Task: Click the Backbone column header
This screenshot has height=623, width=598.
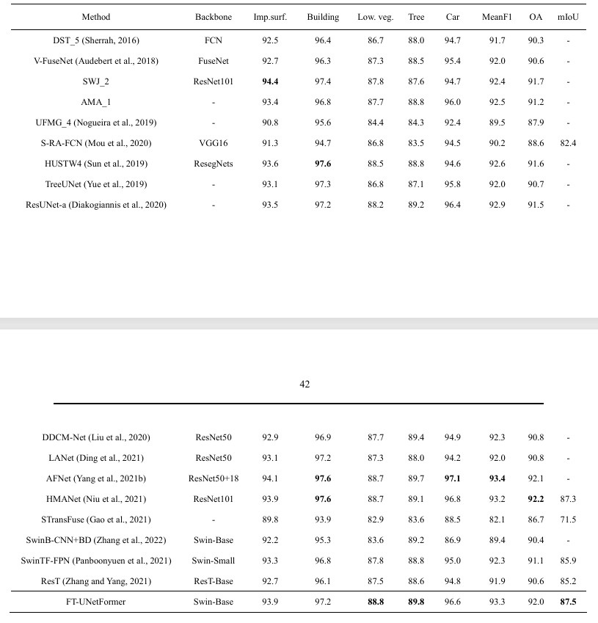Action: coord(214,16)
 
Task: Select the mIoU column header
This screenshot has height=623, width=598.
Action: coord(568,16)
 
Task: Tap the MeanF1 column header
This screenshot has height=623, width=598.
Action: coord(497,16)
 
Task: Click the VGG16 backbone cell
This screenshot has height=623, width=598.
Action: coord(214,142)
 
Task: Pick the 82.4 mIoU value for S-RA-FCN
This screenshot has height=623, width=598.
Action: coord(568,142)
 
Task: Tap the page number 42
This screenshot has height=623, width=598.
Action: coord(305,384)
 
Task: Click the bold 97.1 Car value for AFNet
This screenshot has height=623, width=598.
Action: coord(453,478)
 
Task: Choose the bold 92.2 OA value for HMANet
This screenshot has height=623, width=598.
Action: coord(536,499)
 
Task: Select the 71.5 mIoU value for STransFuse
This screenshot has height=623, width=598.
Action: coord(568,520)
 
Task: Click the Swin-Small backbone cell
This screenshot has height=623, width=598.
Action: coord(214,561)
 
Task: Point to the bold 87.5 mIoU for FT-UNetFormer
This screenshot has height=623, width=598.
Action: coord(568,602)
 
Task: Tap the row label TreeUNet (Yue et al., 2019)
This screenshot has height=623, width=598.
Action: coord(96,183)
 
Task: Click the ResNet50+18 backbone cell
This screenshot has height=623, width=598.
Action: coord(214,478)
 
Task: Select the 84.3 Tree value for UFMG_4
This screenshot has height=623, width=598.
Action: coord(416,122)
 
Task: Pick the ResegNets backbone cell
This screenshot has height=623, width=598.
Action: coord(214,163)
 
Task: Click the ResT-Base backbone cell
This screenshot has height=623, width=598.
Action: coord(214,581)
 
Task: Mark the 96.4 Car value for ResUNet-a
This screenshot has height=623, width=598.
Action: coord(453,204)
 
